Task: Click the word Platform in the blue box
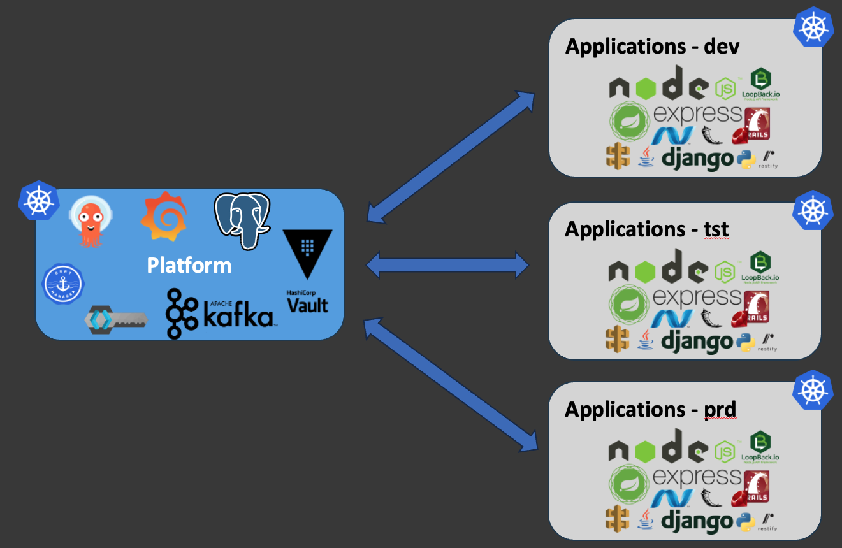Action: coord(189,264)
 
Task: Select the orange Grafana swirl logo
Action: coord(163,217)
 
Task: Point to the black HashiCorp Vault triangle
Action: coord(307,254)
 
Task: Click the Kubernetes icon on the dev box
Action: coord(814,27)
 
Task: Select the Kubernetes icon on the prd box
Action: coord(813,389)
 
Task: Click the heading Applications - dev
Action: coord(652,47)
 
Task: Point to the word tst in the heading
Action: coord(716,229)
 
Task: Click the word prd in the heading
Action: coord(720,409)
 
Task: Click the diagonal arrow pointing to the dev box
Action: coord(451,157)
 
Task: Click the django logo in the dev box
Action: coord(697,158)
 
